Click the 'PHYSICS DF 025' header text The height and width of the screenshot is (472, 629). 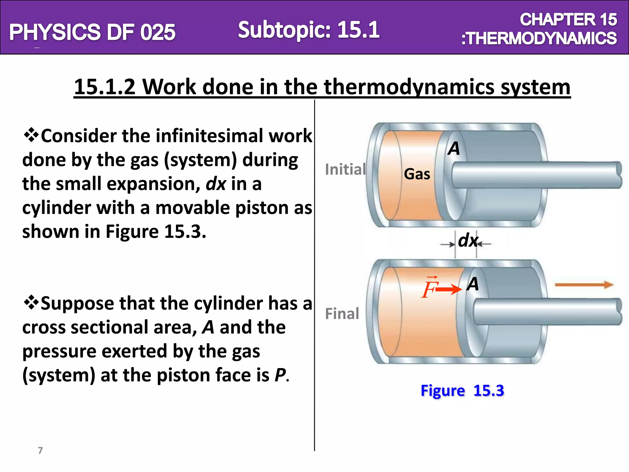tap(92, 32)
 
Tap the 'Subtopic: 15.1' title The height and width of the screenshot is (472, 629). tap(309, 30)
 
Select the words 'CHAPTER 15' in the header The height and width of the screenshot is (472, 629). tap(568, 20)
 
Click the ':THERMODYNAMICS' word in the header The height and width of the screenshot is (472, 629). tap(539, 38)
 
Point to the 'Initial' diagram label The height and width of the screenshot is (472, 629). tap(345, 169)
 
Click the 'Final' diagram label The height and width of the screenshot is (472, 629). tap(342, 314)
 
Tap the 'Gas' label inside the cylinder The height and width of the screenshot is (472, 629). tap(417, 174)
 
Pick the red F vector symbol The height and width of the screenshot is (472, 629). tap(429, 288)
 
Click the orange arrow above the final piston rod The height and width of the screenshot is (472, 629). tap(584, 285)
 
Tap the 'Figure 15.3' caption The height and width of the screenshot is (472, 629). tap(462, 391)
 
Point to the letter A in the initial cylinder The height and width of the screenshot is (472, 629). tap(454, 148)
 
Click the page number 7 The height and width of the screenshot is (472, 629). tap(40, 450)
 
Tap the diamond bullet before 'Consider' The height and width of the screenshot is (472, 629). tap(31, 135)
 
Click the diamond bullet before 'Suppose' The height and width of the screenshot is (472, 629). tap(31, 303)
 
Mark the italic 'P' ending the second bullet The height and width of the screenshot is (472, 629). tap(280, 375)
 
